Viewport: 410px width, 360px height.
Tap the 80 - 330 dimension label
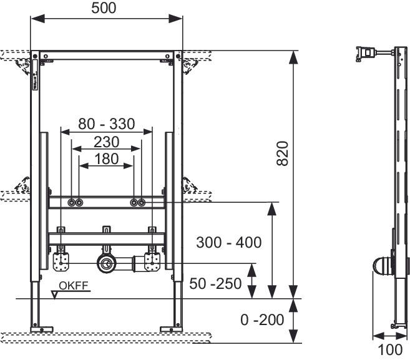pyautogui.click(x=106, y=124)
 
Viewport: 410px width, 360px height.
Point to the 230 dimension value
pyautogui.click(x=106, y=142)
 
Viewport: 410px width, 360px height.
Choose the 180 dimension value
pyautogui.click(x=106, y=158)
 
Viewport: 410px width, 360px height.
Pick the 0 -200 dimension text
pyautogui.click(x=262, y=320)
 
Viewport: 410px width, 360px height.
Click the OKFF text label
pyautogui.click(x=74, y=286)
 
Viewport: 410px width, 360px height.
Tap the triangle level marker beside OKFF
pyautogui.click(x=57, y=292)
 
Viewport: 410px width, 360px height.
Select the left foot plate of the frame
pyautogui.click(x=42, y=329)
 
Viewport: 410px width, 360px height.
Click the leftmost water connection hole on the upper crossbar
pyautogui.click(x=72, y=203)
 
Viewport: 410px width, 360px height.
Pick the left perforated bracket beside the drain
pyautogui.click(x=60, y=261)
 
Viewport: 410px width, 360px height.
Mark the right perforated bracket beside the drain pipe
pyautogui.click(x=152, y=261)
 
